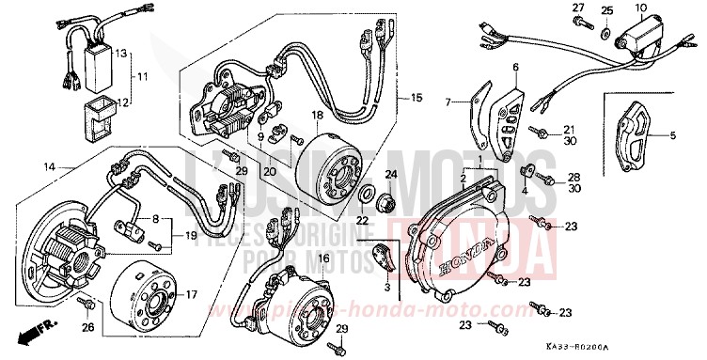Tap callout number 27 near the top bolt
tap(578, 8)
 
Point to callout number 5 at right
tap(673, 135)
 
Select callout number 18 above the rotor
tap(317, 115)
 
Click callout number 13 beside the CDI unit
tap(120, 53)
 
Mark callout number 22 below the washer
tap(362, 220)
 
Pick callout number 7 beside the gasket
tap(450, 101)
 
